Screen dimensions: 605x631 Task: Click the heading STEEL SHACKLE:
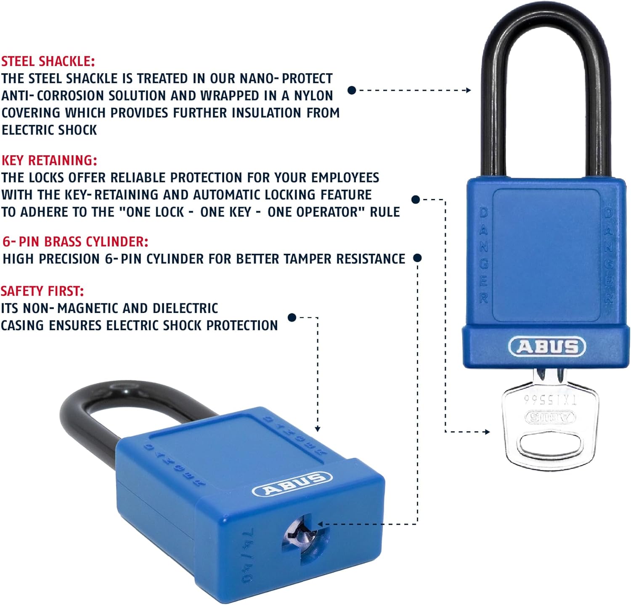[48, 61]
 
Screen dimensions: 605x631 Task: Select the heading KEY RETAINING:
[49, 160]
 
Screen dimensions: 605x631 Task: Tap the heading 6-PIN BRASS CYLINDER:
[75, 241]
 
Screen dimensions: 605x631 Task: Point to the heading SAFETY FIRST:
[42, 291]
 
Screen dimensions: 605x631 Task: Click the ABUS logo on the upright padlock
[547, 347]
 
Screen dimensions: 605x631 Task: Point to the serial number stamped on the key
[550, 399]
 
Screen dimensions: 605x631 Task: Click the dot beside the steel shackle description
[352, 90]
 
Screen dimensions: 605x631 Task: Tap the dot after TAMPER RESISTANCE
[417, 258]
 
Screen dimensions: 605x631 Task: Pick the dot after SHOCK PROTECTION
[292, 317]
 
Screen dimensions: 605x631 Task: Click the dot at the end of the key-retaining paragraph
[416, 199]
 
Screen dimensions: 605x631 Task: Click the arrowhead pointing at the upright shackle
[468, 90]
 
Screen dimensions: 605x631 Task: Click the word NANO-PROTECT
[286, 79]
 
